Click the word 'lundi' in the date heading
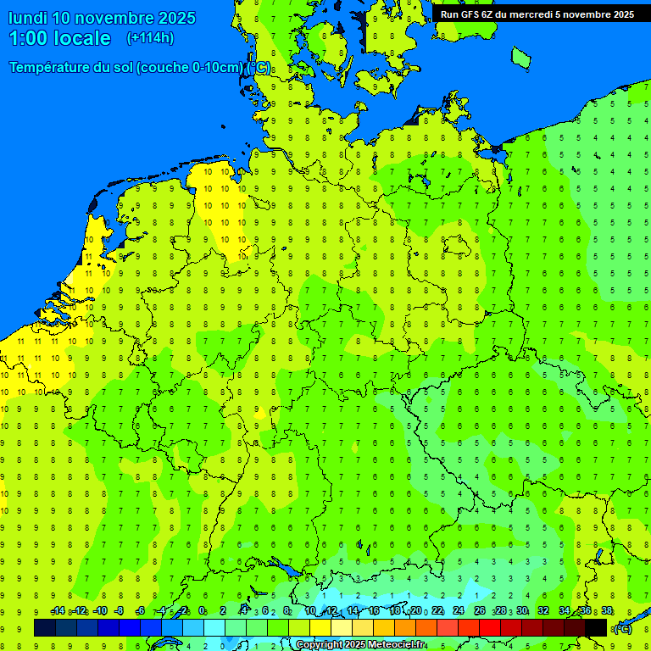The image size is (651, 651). point(28,18)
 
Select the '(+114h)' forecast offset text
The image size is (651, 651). point(150,38)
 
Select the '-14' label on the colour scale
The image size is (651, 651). point(58,611)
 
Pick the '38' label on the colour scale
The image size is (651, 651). point(607,611)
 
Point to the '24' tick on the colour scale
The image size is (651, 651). point(459,611)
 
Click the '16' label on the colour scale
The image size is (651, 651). point(374,611)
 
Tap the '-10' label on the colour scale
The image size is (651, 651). point(99,611)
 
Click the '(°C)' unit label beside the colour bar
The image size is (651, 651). point(622,628)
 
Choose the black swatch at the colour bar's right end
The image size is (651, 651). point(596,627)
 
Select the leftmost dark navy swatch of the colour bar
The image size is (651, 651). point(45,627)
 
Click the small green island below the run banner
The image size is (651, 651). point(521,57)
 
